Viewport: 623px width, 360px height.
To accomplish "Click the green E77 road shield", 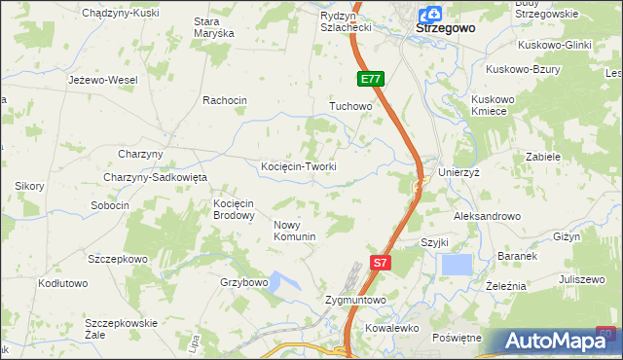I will click(370, 79).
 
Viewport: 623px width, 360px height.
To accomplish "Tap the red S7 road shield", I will click(383, 262).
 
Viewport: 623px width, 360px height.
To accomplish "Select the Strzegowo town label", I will click(445, 29).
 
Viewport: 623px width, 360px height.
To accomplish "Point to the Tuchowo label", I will click(351, 105).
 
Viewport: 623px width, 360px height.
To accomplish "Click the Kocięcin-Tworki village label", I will click(299, 166).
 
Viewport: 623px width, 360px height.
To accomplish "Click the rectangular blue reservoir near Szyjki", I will click(456, 264).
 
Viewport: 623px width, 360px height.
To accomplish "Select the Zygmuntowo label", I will click(355, 301).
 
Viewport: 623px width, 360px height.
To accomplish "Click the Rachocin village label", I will click(225, 100).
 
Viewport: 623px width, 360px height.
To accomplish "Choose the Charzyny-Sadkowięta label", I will click(156, 177).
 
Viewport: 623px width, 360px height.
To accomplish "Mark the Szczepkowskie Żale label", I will click(121, 328).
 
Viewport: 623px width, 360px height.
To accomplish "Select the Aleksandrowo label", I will click(487, 216).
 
